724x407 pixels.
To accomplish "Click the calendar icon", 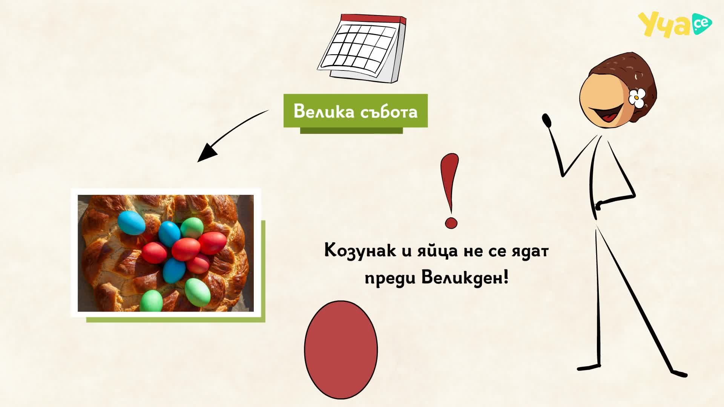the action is pyautogui.click(x=362, y=48).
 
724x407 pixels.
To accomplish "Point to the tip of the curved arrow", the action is pyautogui.click(x=198, y=162).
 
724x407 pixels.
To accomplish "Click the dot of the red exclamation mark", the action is pyautogui.click(x=451, y=222).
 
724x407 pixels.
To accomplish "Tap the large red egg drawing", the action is pyautogui.click(x=341, y=349).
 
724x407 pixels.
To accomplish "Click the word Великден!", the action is pyautogui.click(x=465, y=278).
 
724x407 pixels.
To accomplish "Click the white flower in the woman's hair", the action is pyautogui.click(x=637, y=98).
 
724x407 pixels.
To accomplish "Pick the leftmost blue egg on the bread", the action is pyautogui.click(x=131, y=222).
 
